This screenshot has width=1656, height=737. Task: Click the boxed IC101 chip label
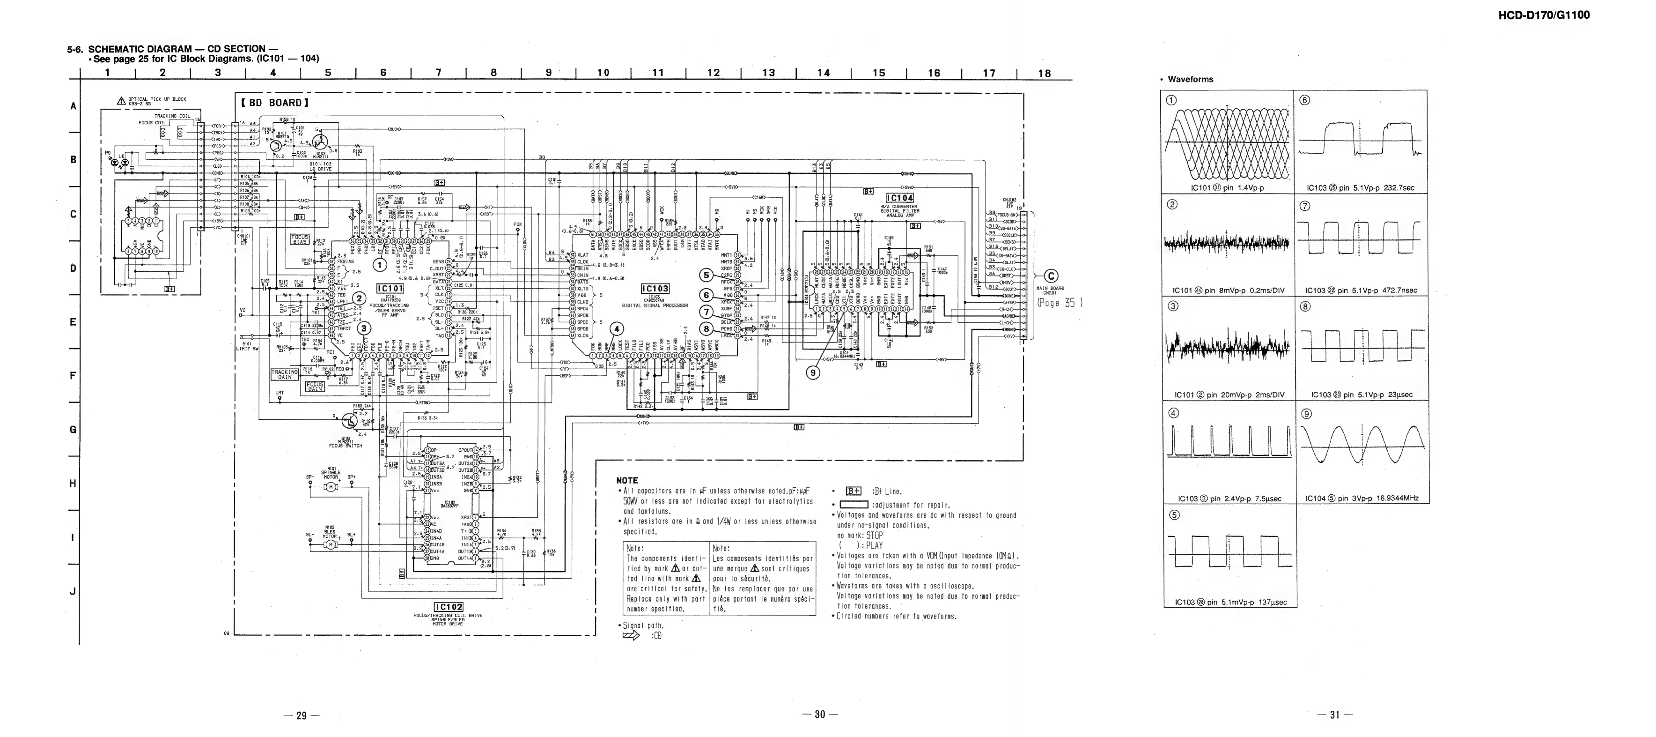[390, 289]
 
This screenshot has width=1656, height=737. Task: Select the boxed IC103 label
[655, 289]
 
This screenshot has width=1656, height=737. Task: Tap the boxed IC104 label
[899, 198]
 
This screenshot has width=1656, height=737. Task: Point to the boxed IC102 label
[449, 606]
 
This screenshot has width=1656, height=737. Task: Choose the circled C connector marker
[1053, 277]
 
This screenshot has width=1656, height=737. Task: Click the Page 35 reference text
[1060, 303]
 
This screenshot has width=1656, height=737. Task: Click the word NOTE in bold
[627, 480]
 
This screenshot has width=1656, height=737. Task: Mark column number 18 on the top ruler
[1045, 73]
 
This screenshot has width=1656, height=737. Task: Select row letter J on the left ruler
[73, 592]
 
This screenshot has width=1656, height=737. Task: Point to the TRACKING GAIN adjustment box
[285, 374]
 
